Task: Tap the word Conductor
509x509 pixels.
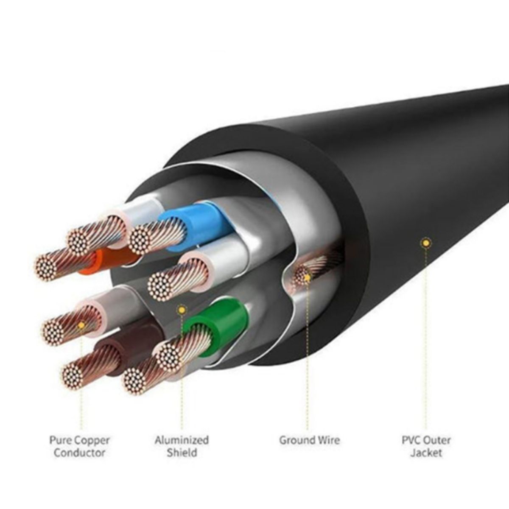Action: point(80,453)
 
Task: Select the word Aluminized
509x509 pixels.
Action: point(182,440)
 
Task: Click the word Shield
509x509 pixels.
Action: point(182,453)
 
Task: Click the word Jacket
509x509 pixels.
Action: point(426,453)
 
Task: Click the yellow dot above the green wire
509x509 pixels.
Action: point(182,310)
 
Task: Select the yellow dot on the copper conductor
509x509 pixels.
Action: point(81,325)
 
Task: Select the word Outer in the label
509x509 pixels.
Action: point(439,440)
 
